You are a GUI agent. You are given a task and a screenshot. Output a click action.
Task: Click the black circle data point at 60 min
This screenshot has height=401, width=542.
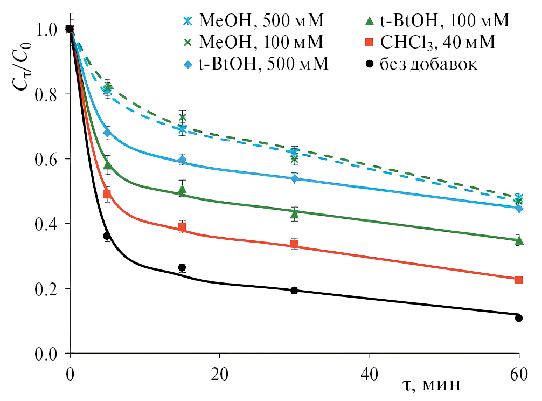[518, 318]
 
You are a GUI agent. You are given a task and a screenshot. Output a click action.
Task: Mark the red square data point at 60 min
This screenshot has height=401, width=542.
[518, 280]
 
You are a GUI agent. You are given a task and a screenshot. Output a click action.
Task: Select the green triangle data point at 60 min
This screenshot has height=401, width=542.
[518, 240]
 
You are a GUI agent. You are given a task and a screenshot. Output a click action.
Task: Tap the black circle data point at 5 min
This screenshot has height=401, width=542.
[107, 236]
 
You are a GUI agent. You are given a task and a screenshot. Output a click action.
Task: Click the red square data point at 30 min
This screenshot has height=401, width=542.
[294, 244]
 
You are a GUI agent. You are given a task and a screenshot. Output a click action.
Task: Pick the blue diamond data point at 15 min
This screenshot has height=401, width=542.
[182, 160]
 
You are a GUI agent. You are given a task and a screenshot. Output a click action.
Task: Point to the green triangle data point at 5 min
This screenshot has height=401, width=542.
[107, 165]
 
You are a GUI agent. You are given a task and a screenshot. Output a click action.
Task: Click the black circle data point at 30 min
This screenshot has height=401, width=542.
[294, 291]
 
